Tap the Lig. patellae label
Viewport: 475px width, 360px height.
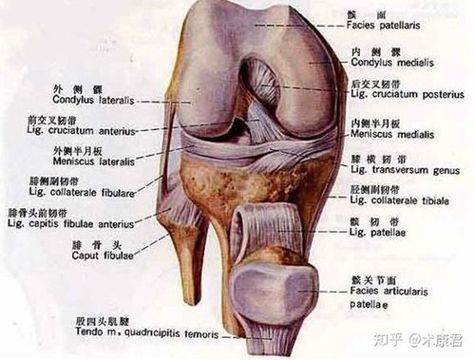[374, 232]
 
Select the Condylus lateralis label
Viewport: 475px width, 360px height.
[90, 99]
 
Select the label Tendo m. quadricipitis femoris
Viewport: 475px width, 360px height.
[137, 335]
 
